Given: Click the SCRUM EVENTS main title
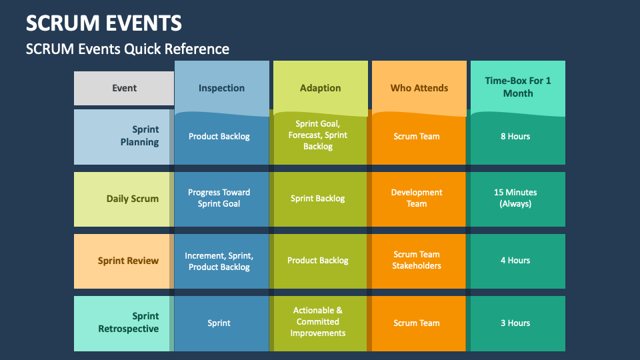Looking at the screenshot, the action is tap(104, 23).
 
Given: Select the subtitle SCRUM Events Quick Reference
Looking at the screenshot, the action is tap(127, 49).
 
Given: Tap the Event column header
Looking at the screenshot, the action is tap(124, 88).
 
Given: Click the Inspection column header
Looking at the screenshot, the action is tap(221, 88).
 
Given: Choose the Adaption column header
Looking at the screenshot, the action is tap(321, 88).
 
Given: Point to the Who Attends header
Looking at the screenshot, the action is tap(419, 88).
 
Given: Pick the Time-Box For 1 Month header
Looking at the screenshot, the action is tap(518, 87).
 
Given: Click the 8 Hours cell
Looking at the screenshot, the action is tap(515, 136).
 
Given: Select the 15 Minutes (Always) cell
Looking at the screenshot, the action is tap(515, 198).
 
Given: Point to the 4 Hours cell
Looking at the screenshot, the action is tap(515, 261).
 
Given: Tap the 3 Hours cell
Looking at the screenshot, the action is tap(515, 323).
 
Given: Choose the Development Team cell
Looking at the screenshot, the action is tap(417, 198).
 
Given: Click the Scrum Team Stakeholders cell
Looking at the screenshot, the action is tap(417, 260).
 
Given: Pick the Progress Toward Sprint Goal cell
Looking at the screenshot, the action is tap(219, 198).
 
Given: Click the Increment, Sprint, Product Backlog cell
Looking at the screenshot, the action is tap(219, 261).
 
